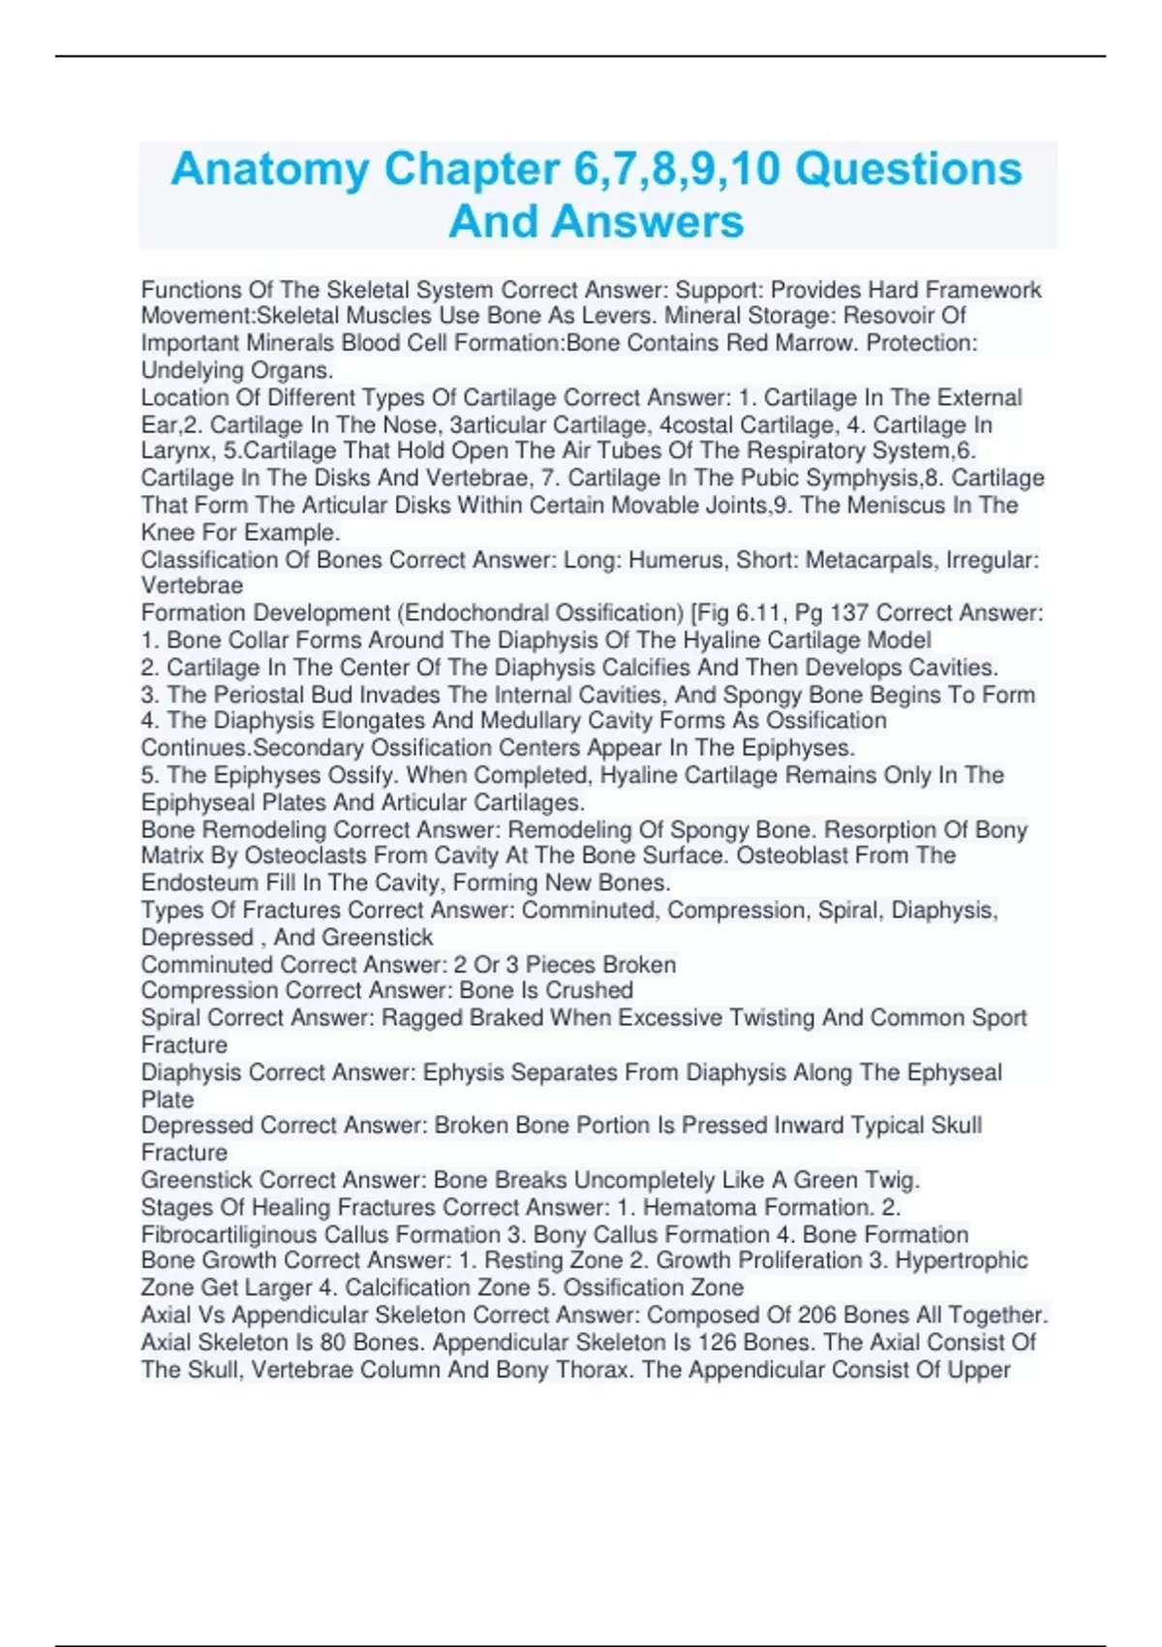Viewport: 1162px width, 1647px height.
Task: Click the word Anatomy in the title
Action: (x=270, y=170)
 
